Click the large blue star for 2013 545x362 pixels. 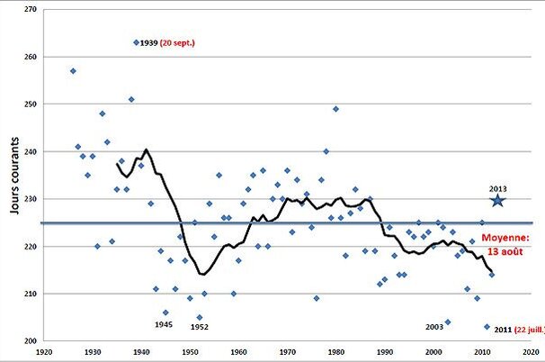(x=497, y=200)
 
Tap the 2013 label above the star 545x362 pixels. (x=498, y=188)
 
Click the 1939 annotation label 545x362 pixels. (x=148, y=42)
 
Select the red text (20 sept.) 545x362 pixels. (x=177, y=42)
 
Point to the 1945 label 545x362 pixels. (x=164, y=324)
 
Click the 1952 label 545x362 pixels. (x=200, y=328)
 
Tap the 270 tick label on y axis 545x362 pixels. (x=30, y=9)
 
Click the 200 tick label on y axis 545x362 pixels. (x=30, y=341)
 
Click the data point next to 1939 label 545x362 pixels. (x=136, y=42)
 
